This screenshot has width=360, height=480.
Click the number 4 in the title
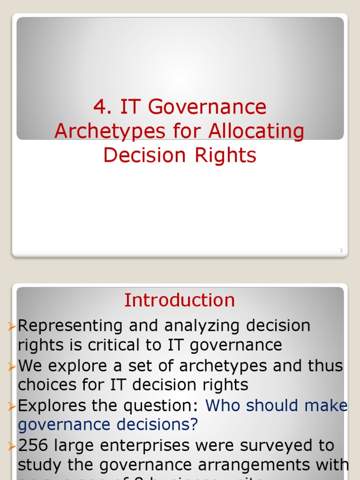(98, 108)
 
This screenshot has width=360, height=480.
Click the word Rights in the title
(225, 156)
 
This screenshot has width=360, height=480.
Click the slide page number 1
(341, 251)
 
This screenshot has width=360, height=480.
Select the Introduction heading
(180, 300)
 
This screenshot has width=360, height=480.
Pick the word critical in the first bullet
(106, 345)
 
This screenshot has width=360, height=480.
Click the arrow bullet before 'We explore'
(12, 366)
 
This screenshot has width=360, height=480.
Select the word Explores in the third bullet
(51, 405)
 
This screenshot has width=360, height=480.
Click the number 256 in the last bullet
(33, 445)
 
